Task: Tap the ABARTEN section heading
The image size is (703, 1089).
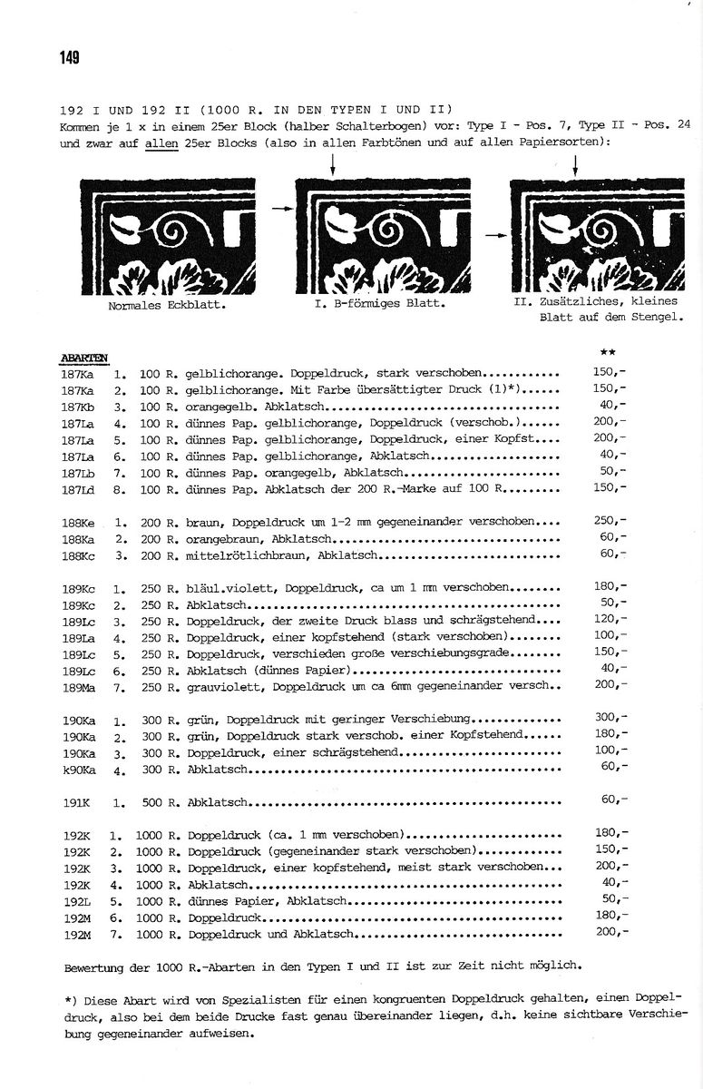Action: point(83,357)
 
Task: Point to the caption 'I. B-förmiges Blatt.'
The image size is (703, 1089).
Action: point(379,305)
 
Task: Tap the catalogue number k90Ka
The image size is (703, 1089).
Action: point(80,770)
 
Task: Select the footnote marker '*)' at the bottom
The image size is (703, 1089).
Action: point(71,999)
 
